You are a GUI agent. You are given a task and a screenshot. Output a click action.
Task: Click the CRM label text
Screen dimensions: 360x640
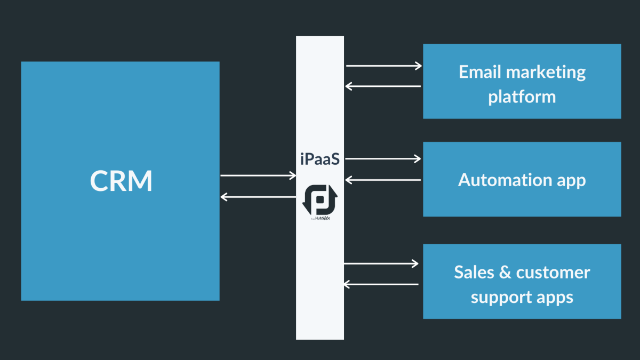[x=121, y=181]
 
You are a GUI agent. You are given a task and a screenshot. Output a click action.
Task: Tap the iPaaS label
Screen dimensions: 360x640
[x=320, y=158]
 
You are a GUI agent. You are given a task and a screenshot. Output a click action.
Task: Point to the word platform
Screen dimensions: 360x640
[x=522, y=97]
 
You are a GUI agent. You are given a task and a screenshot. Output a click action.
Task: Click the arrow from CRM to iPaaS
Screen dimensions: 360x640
[x=258, y=175]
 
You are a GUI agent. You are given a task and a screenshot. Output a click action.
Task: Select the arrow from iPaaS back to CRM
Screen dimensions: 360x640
[x=258, y=197]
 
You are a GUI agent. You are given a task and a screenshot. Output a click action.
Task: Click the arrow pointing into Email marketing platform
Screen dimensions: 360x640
[x=383, y=66]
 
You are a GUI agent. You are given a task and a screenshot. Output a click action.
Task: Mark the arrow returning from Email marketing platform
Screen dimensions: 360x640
[x=383, y=86]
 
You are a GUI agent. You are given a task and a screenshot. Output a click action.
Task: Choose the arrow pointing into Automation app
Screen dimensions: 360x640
[x=383, y=158]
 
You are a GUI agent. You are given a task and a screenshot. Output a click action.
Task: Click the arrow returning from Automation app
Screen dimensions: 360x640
[x=383, y=180]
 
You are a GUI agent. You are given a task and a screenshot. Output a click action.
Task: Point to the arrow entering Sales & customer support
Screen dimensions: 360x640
[x=381, y=263]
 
